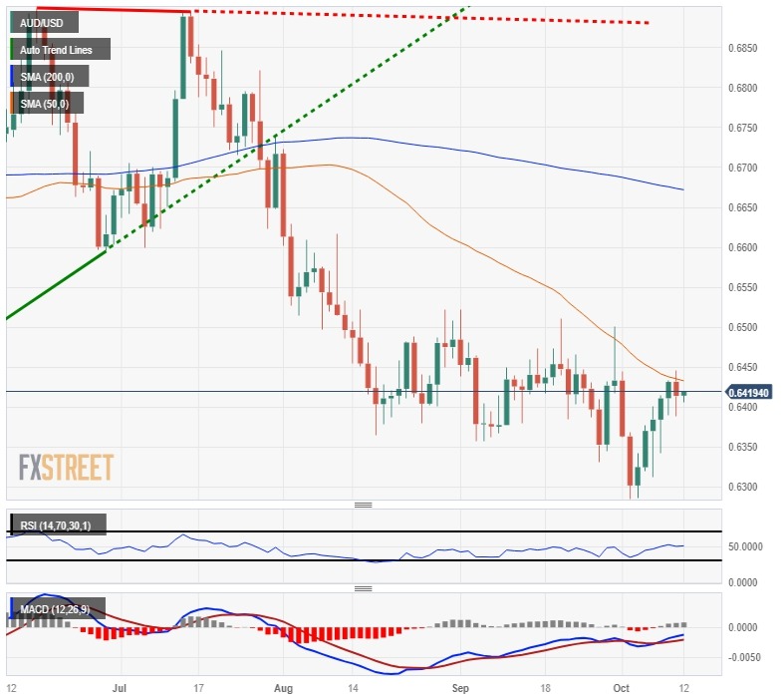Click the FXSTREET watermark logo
(66, 467)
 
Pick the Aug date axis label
(284, 688)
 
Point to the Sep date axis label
(458, 688)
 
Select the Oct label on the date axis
(621, 688)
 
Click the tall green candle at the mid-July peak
(184, 56)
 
